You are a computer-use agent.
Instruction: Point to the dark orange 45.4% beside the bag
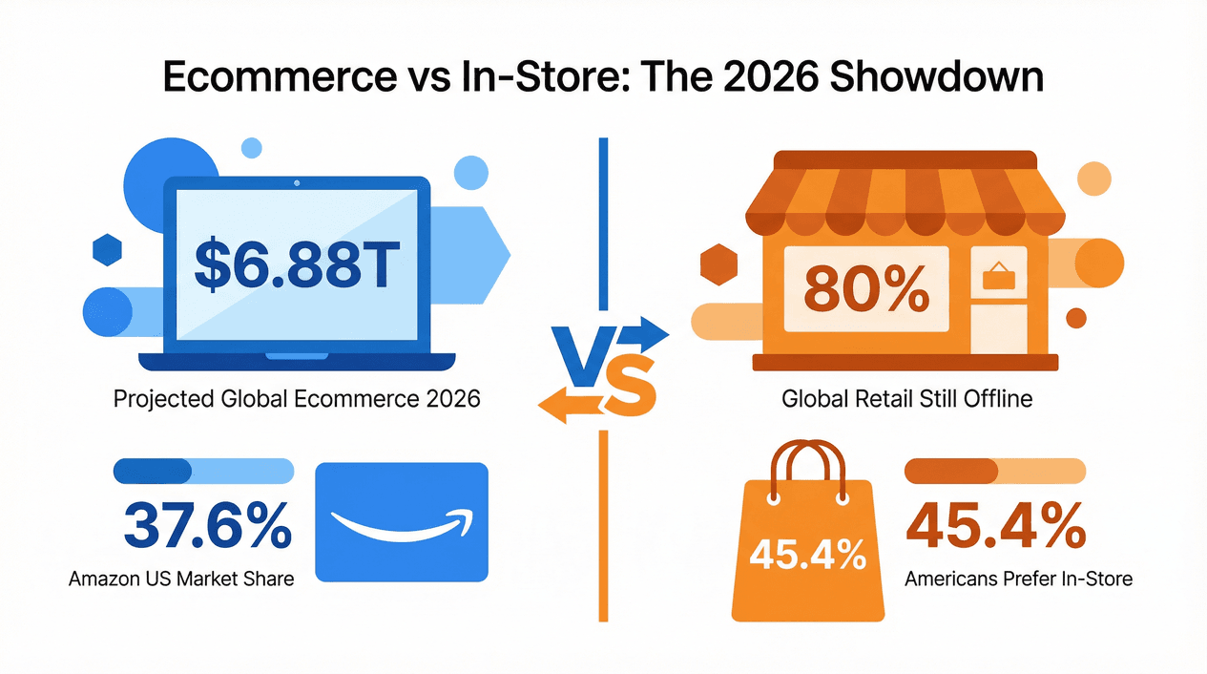click(994, 526)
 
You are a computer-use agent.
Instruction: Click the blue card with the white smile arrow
click(401, 522)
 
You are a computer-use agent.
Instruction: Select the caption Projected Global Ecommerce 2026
click(297, 398)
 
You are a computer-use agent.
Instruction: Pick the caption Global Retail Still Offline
click(906, 398)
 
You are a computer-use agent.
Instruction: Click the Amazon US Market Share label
click(181, 579)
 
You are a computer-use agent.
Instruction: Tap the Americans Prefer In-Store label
click(1018, 579)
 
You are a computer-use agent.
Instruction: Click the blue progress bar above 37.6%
click(203, 471)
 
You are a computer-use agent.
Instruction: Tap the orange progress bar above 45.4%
click(994, 471)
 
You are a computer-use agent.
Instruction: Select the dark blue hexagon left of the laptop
click(107, 251)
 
